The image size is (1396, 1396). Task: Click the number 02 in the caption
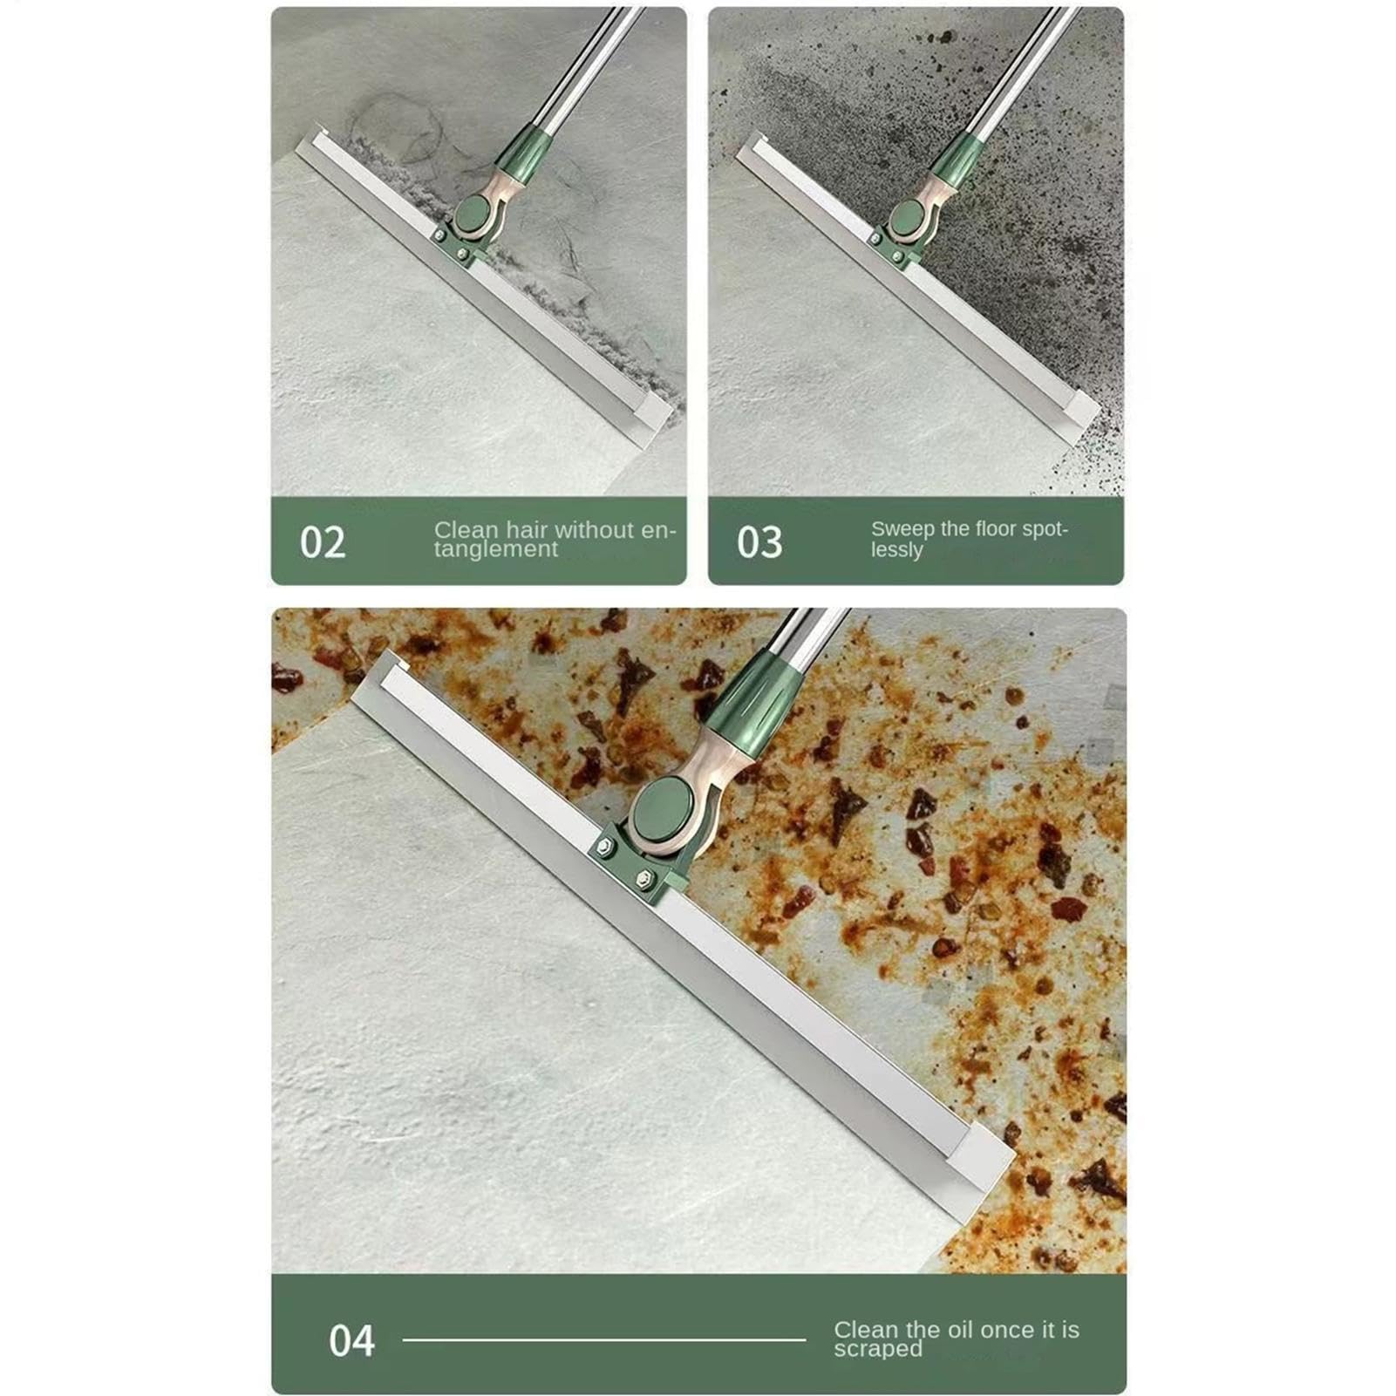(323, 542)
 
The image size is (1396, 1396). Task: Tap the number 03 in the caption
(759, 542)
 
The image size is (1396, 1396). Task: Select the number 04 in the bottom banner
(351, 1340)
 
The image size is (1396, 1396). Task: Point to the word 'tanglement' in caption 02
(496, 548)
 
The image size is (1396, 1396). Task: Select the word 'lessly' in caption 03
(896, 549)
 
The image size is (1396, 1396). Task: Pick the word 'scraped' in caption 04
(878, 1349)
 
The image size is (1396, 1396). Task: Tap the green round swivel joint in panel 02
(475, 214)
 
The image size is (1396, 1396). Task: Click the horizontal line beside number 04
(604, 1339)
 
